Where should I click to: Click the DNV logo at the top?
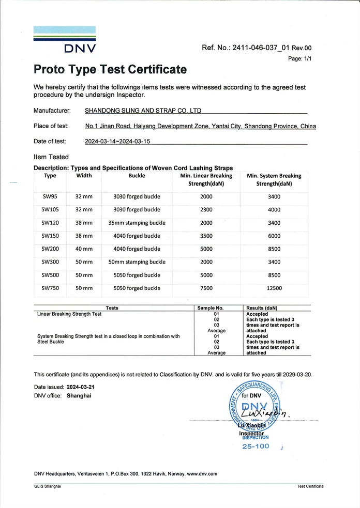click(x=65, y=40)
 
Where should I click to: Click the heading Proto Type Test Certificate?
click(x=110, y=69)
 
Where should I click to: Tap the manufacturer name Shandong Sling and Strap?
click(x=143, y=111)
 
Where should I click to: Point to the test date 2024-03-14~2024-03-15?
click(x=117, y=141)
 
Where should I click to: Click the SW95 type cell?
click(x=50, y=196)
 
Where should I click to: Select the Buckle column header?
click(x=137, y=176)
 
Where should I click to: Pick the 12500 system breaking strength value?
click(x=274, y=288)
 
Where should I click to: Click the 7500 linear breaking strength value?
click(x=206, y=288)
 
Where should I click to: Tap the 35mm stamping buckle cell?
click(x=137, y=223)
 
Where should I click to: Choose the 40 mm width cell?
click(x=84, y=249)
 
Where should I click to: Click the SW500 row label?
click(x=50, y=275)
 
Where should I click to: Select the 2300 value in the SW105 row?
click(x=206, y=210)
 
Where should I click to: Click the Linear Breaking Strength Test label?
click(x=69, y=314)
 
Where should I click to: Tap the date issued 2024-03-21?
click(x=80, y=387)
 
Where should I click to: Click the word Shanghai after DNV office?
click(x=79, y=395)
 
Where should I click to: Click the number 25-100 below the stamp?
click(x=256, y=446)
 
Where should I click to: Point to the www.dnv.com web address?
click(x=202, y=473)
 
